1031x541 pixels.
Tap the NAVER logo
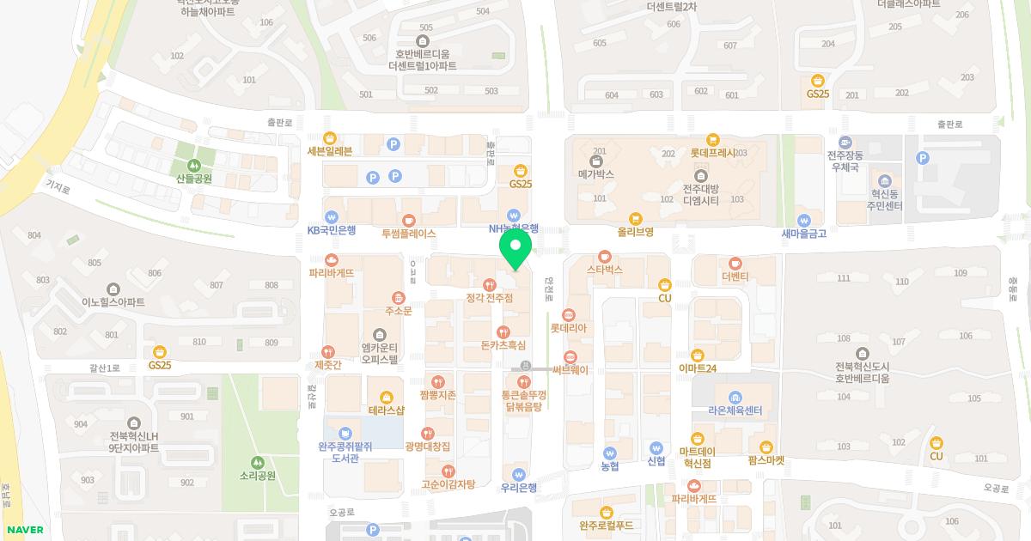point(25,530)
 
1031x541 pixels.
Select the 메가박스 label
point(596,173)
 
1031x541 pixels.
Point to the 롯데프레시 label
point(712,153)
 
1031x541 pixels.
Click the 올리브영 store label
point(636,232)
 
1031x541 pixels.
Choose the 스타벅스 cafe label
point(605,269)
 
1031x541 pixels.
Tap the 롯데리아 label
point(568,328)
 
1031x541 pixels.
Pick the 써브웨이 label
point(570,370)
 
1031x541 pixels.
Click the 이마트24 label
point(698,368)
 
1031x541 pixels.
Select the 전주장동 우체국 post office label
point(845,162)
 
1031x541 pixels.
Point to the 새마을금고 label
point(803,233)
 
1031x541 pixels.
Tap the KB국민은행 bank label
point(332,231)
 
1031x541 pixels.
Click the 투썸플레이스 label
point(409,233)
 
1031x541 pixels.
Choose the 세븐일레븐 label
point(330,151)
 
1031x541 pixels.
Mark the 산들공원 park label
point(194,179)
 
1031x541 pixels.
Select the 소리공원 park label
point(258,475)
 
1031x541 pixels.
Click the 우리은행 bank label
point(518,487)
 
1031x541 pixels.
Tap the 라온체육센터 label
point(735,410)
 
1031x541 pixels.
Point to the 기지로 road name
point(58,184)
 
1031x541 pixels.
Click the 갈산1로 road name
point(105,368)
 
